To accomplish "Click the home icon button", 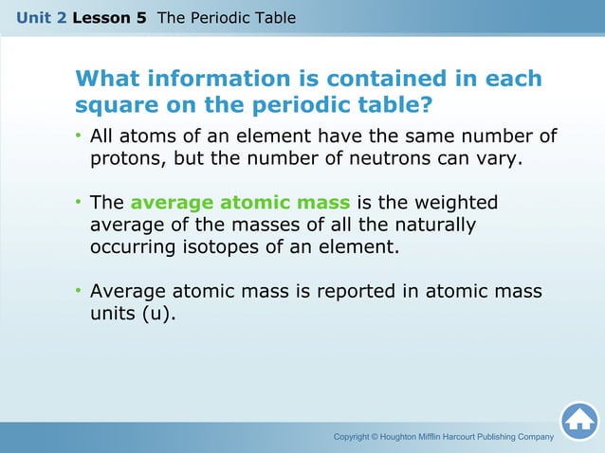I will (x=578, y=421).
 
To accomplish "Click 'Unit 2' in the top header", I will (x=41, y=18).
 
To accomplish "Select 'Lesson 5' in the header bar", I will (x=109, y=18).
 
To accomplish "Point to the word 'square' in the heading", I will (x=117, y=104).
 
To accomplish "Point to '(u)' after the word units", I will (x=158, y=314).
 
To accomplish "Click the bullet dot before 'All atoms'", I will (x=80, y=137).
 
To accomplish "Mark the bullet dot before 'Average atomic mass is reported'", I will (x=80, y=292).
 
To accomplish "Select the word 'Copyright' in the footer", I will (x=355, y=436).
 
